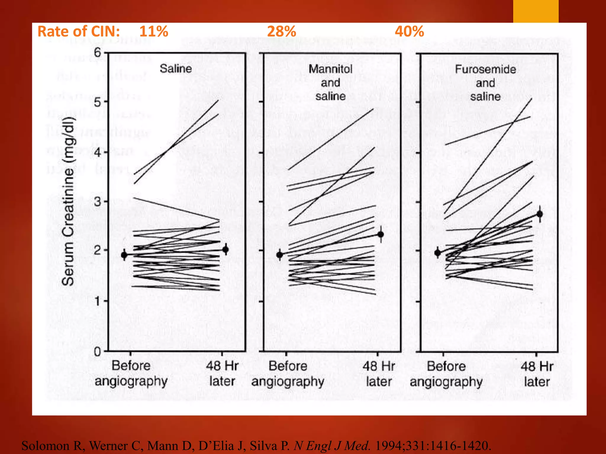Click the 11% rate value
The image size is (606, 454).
pos(154,31)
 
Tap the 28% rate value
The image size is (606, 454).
pos(281,31)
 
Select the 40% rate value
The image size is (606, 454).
pos(409,31)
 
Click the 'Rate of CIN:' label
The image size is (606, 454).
pos(79,31)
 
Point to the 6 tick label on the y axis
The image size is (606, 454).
pos(98,53)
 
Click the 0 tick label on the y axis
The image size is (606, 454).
pos(97,352)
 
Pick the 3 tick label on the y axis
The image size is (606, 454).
pos(98,202)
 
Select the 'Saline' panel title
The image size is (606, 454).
pos(176,69)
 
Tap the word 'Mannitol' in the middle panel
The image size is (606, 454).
pos(331,69)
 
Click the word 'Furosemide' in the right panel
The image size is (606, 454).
pos(485,69)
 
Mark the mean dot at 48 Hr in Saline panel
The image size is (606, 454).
pos(225,250)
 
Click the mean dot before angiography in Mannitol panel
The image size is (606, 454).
pos(280,255)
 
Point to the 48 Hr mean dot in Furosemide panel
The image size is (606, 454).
pos(540,214)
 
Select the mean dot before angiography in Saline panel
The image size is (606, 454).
pos(124,254)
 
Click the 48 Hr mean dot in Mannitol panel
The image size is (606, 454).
pos(381,234)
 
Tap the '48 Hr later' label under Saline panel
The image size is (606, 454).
pos(222,373)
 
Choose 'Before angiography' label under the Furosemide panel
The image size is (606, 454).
pos(446,374)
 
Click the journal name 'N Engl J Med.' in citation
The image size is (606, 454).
pos(332,446)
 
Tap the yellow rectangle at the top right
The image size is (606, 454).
pos(536,11)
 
